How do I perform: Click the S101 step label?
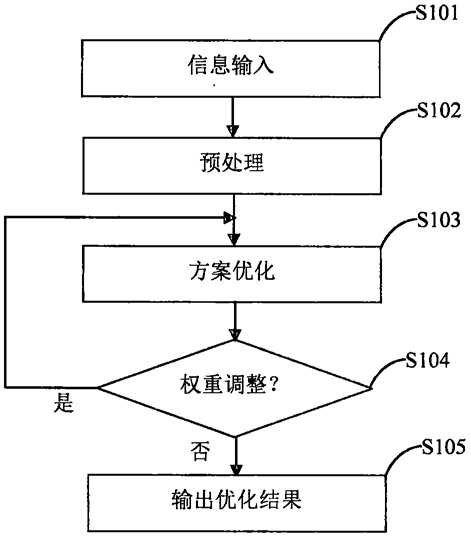point(437,13)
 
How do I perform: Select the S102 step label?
point(439,110)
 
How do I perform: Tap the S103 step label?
point(439,219)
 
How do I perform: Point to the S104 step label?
point(427,360)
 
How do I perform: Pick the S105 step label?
point(443,447)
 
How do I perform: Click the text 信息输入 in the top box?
point(231,65)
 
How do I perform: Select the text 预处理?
point(232,162)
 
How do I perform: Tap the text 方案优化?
point(232,271)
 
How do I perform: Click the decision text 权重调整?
point(229,384)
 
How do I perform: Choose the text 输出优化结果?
point(237,500)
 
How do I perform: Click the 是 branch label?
point(64,402)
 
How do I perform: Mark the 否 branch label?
point(200,451)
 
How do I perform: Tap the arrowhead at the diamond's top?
point(235,335)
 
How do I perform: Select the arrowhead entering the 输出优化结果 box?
point(236,469)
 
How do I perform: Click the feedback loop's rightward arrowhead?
point(229,218)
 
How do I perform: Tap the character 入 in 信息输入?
point(263,65)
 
